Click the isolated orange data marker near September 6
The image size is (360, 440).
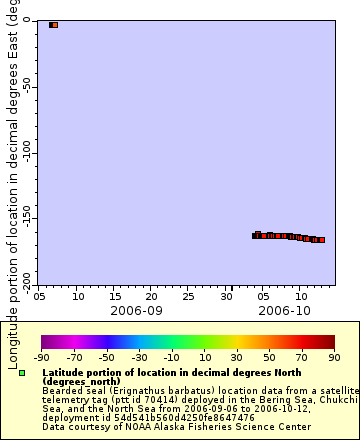click(x=54, y=24)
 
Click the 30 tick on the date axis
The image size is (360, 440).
click(x=228, y=297)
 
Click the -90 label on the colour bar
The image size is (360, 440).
click(x=41, y=357)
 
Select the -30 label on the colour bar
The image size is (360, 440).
click(x=139, y=357)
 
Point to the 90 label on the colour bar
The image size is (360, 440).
click(x=334, y=357)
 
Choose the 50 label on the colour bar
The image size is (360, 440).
click(x=269, y=357)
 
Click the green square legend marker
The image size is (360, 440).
click(x=22, y=373)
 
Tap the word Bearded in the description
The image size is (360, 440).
click(x=61, y=388)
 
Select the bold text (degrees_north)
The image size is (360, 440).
click(x=83, y=380)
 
